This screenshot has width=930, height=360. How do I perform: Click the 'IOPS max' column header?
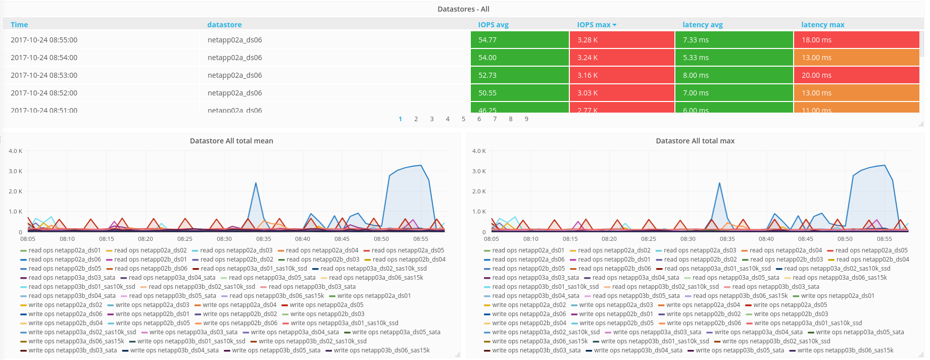click(594, 25)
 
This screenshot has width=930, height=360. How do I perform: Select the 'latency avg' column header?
click(702, 25)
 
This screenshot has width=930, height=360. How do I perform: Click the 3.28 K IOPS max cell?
click(621, 40)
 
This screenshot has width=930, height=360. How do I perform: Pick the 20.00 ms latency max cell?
click(856, 75)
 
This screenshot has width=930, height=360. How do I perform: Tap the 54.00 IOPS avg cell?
click(519, 58)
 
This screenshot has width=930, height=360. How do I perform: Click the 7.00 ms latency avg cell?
click(733, 93)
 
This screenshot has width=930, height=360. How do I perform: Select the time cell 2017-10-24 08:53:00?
click(44, 75)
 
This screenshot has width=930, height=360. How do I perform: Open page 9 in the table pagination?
click(526, 119)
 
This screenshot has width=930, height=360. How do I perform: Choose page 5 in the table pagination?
click(463, 119)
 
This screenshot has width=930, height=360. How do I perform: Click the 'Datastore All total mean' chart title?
click(231, 141)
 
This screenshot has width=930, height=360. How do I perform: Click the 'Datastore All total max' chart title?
click(695, 141)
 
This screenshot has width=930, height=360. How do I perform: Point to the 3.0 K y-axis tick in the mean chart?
click(15, 171)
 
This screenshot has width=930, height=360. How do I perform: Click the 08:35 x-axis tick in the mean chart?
click(264, 239)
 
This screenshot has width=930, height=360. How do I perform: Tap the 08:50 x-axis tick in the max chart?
click(845, 239)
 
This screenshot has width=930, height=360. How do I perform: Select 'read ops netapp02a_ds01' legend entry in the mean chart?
click(64, 250)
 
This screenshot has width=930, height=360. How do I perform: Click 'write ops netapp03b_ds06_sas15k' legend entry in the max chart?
click(845, 350)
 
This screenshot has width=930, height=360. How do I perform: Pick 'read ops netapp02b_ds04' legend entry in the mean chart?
click(409, 260)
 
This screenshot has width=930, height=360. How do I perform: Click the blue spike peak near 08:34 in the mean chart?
click(256, 183)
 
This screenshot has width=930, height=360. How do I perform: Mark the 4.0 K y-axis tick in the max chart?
click(479, 151)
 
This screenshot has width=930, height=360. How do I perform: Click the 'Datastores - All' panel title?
click(463, 9)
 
